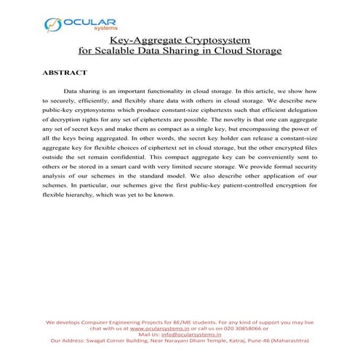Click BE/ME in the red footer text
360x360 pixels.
pos(171,320)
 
